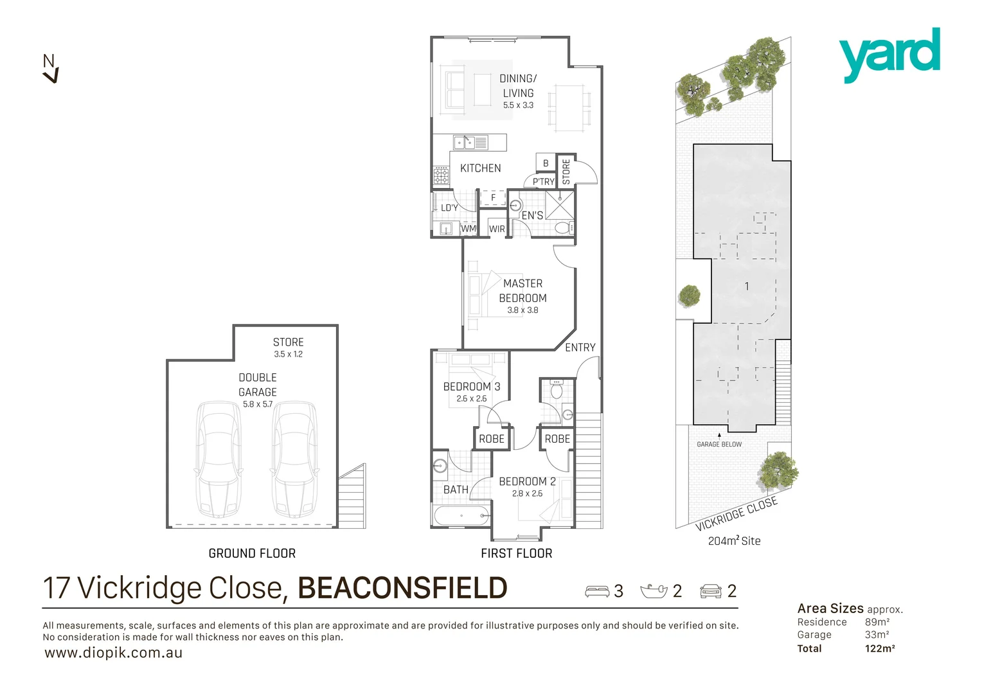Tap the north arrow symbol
(50, 69)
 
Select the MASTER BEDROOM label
(522, 290)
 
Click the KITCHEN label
(480, 168)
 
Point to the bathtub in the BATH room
(462, 515)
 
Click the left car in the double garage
(219, 459)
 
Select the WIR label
(497, 229)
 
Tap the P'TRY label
(543, 182)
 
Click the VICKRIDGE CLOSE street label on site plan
(736, 513)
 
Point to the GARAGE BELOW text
(719, 444)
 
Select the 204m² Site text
(734, 541)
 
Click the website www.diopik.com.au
(114, 653)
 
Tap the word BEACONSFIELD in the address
(402, 588)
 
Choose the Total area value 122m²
(880, 648)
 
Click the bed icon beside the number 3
(597, 591)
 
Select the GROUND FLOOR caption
(252, 553)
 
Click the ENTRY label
(580, 348)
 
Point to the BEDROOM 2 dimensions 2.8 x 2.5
(527, 494)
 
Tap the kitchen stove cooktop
(441, 175)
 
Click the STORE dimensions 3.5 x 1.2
(288, 354)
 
